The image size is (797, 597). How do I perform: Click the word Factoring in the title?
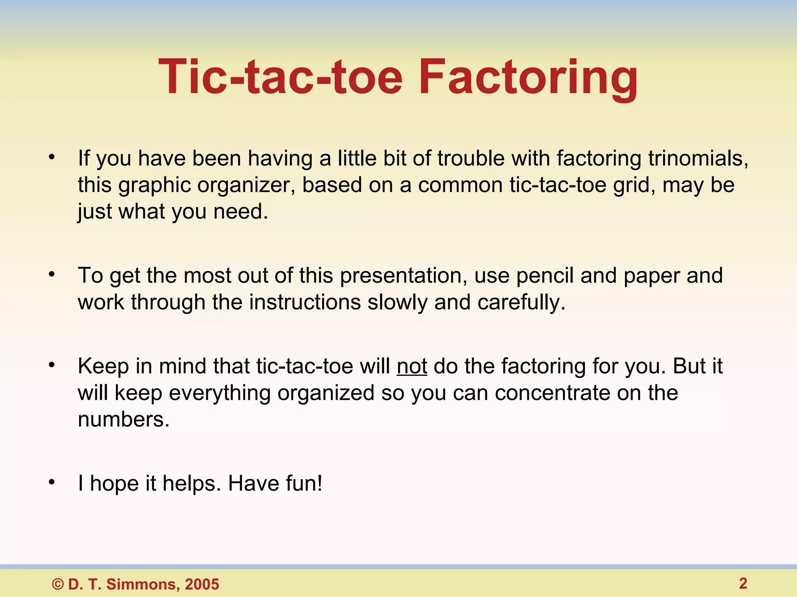[528, 78]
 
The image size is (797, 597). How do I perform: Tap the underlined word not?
[412, 367]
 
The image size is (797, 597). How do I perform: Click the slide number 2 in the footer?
[743, 583]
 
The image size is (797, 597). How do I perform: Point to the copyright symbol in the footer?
[58, 584]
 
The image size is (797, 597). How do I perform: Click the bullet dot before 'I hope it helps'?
[52, 482]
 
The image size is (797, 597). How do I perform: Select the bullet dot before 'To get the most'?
[52, 274]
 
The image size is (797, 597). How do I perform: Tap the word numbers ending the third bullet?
[123, 420]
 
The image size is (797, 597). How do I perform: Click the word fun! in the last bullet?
[304, 484]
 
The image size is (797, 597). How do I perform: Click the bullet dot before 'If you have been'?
[52, 157]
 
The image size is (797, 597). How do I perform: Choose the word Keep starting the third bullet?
[103, 367]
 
